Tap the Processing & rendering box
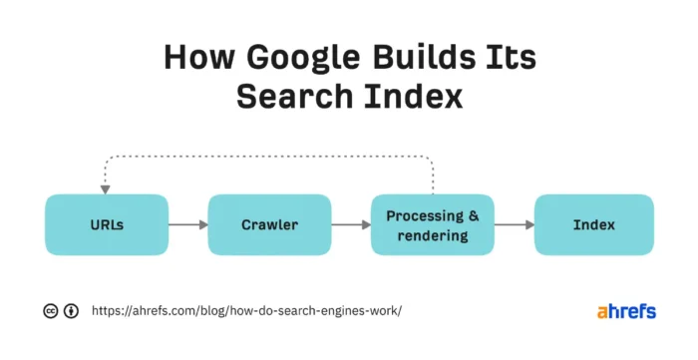tap(431, 225)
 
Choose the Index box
tap(594, 225)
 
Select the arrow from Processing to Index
tap(513, 225)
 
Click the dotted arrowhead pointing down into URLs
tap(104, 187)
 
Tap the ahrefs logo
tap(626, 311)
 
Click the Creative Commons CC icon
tap(51, 311)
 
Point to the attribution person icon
tap(72, 311)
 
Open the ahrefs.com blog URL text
tap(246, 311)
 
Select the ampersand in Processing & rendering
tap(473, 215)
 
